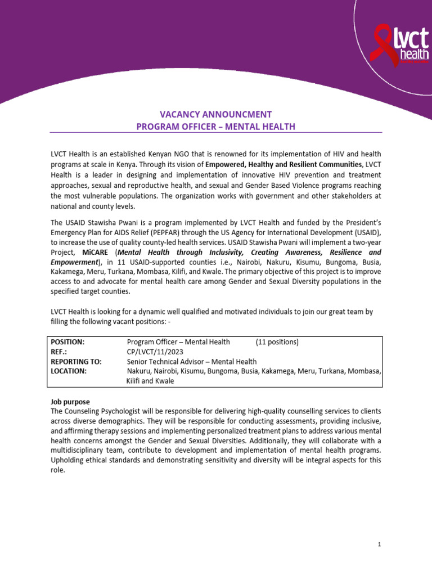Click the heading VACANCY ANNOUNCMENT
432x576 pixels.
215,114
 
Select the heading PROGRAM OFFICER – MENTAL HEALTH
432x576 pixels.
215,127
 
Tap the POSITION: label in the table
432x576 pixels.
67,342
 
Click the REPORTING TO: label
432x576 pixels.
76,362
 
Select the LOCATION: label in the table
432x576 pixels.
69,371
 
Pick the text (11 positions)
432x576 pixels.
277,342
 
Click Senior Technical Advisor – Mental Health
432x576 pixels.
192,362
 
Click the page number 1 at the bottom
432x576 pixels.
380,545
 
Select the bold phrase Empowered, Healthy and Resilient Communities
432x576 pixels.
284,164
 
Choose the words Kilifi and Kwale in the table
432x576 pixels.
150,381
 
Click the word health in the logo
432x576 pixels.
413,54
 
